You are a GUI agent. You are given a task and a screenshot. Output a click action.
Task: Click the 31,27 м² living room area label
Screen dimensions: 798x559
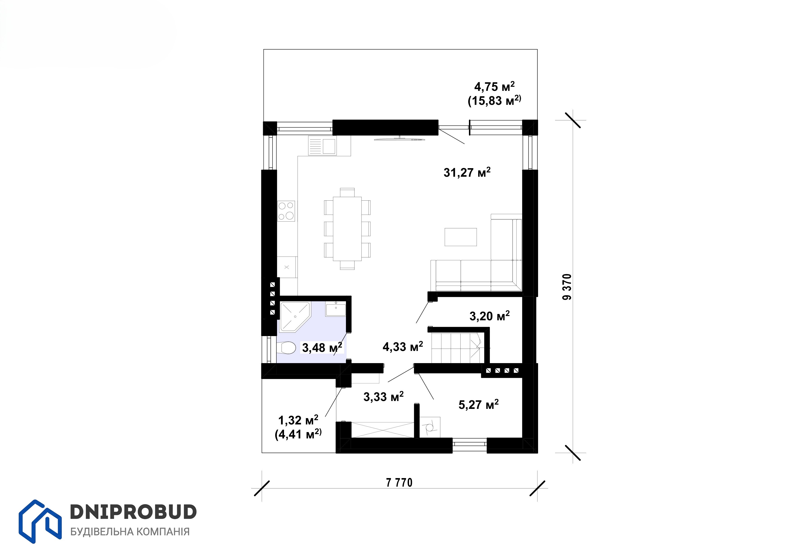coord(467,172)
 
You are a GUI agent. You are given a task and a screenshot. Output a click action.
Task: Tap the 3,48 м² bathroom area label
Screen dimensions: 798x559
coord(322,347)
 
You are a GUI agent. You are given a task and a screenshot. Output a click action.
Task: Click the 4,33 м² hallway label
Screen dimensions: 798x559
coord(403,346)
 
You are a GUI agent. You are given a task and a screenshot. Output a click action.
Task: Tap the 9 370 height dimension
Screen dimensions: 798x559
coord(567,287)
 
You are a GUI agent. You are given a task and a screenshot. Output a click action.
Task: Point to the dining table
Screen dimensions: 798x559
coord(347,229)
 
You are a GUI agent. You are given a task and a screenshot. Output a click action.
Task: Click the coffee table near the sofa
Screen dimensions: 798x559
coord(461,237)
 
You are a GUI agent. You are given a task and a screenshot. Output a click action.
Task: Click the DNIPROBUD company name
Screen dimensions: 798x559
coord(134,512)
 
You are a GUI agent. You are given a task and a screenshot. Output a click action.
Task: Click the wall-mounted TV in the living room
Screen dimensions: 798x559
coord(400,139)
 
